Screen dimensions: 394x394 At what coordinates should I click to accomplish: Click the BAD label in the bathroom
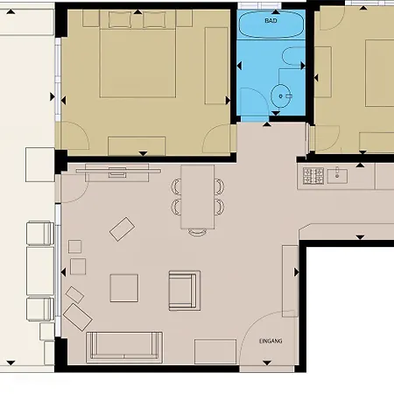point(271,21)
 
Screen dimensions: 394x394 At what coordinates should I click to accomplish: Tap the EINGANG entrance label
point(271,341)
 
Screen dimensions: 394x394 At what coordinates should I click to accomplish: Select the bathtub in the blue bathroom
point(271,25)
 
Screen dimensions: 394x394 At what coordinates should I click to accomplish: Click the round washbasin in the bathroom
point(281,95)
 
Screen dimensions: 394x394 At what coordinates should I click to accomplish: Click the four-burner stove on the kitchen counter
point(313,176)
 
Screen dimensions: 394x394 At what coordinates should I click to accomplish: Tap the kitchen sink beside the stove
point(337,176)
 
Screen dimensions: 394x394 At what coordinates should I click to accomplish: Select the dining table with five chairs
point(198,197)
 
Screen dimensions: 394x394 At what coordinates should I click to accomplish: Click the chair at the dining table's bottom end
point(197,232)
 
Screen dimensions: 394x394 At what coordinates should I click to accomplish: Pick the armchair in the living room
point(185,291)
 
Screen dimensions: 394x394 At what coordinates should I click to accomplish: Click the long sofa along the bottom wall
point(124,347)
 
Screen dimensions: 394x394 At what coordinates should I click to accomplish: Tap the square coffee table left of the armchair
point(124,288)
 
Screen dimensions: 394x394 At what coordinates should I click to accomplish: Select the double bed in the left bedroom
point(137,54)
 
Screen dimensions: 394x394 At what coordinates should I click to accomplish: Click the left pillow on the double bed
point(120,19)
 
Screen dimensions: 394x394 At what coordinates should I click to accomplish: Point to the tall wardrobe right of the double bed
point(216,66)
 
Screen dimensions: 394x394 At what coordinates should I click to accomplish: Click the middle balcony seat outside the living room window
point(40,271)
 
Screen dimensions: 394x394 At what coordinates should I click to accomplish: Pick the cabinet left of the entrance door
point(215,351)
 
